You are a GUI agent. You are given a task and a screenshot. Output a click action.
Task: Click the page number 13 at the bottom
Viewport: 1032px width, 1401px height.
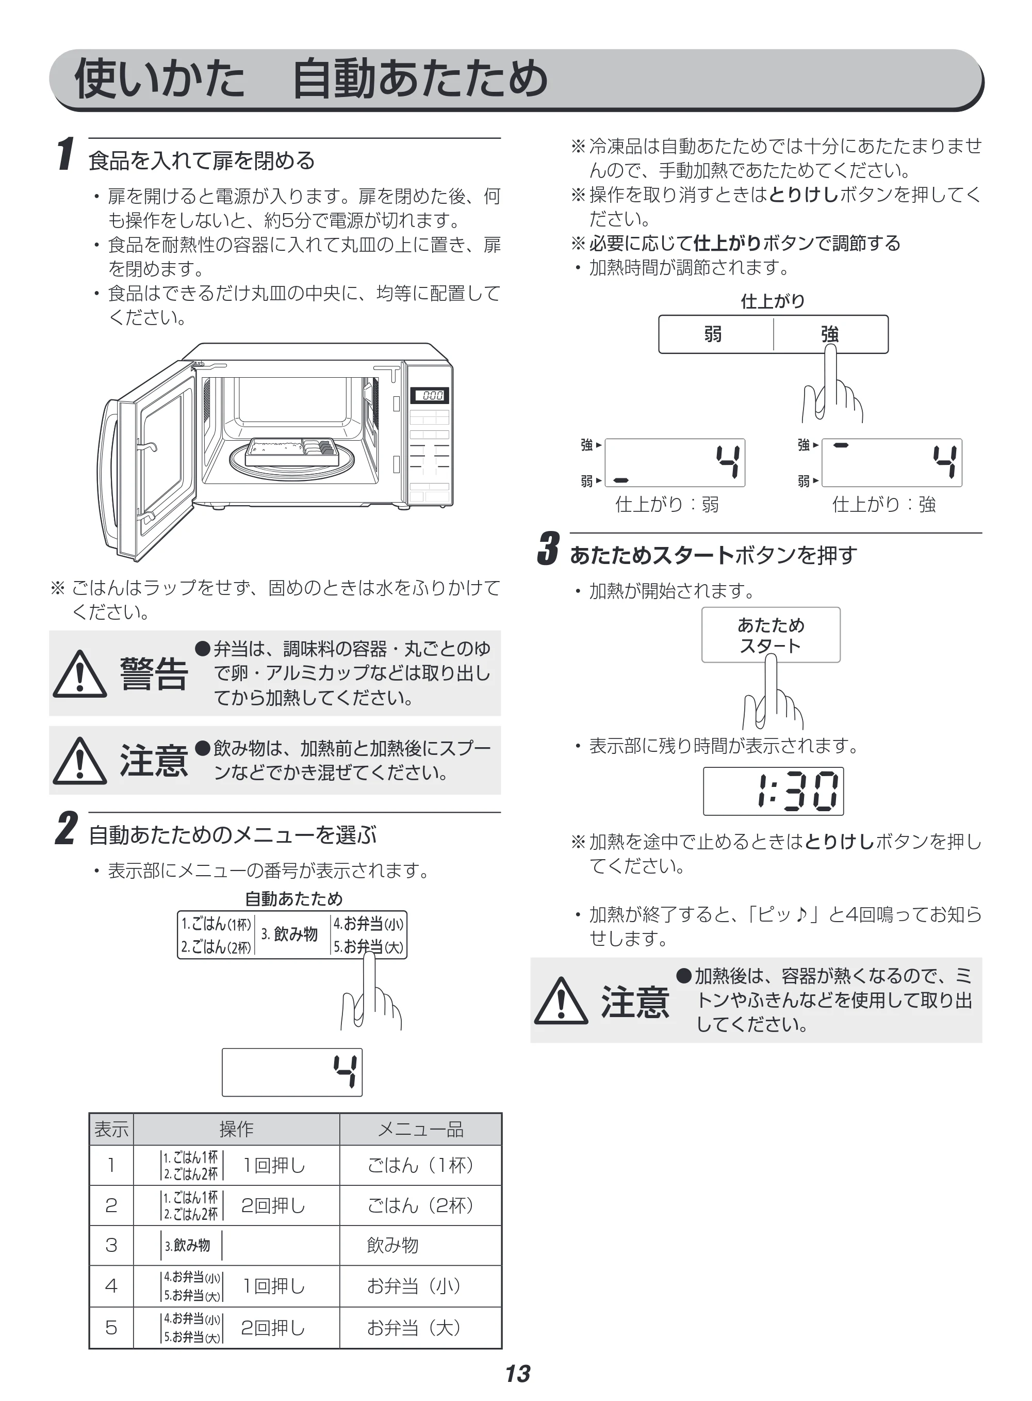[x=517, y=1374]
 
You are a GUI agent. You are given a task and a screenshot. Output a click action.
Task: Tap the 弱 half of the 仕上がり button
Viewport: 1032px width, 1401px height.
[x=716, y=334]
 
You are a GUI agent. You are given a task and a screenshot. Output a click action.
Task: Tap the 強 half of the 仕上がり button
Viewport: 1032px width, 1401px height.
[x=831, y=334]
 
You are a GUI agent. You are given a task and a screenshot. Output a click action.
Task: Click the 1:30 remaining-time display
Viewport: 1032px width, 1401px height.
[x=774, y=791]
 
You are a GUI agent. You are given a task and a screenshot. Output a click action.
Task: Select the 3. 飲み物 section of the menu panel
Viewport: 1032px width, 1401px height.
[x=291, y=934]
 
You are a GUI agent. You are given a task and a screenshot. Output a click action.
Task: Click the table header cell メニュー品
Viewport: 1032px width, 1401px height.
[x=420, y=1129]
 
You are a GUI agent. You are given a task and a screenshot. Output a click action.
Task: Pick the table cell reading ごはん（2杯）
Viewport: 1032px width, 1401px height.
[x=420, y=1205]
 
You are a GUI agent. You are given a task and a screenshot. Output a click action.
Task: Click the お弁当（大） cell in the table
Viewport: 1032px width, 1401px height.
[x=420, y=1327]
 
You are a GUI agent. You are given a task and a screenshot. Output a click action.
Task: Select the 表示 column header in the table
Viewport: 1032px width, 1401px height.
[x=111, y=1129]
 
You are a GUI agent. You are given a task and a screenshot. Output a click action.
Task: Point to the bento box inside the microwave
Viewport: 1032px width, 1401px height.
[x=292, y=450]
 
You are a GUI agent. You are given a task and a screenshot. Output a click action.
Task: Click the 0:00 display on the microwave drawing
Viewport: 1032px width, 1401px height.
[x=430, y=396]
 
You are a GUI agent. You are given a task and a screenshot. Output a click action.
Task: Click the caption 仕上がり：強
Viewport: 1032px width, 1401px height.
[x=884, y=504]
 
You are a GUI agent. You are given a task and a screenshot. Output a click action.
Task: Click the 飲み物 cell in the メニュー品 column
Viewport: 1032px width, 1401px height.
[x=392, y=1245]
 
